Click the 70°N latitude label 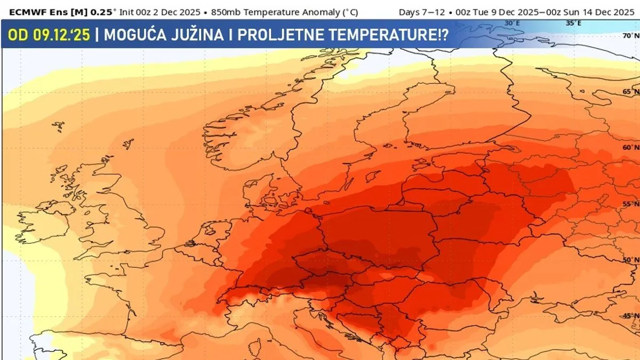[x=631, y=36]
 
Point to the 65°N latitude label [x=631, y=92]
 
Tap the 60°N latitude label [x=631, y=147]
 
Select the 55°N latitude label [x=631, y=204]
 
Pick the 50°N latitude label [x=631, y=260]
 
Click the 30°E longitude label [x=512, y=23]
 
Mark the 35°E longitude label [x=573, y=23]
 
